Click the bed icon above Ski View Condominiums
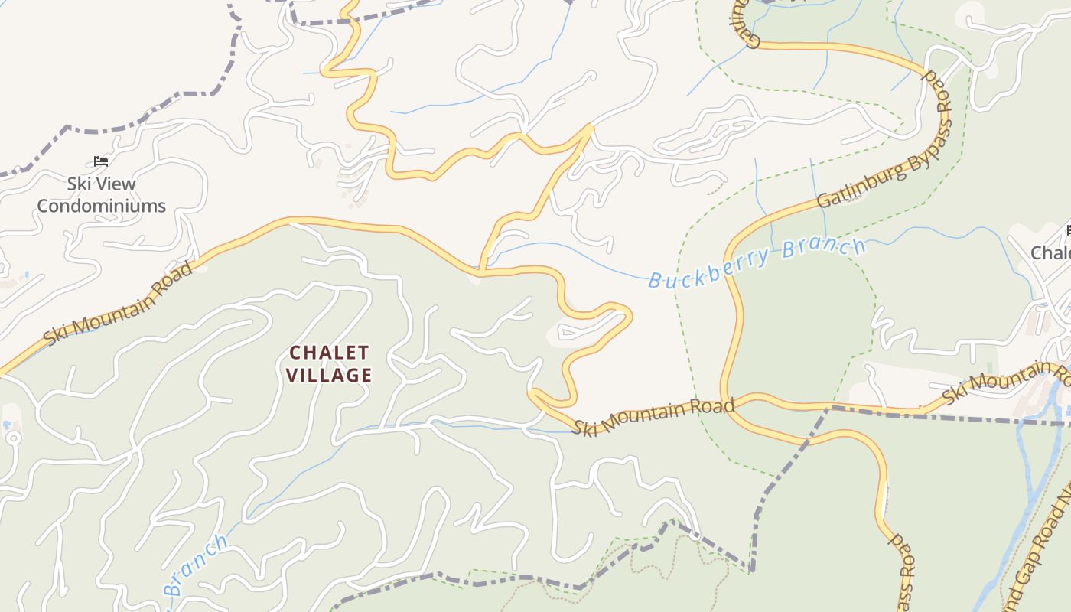click(x=101, y=161)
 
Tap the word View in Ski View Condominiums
click(x=116, y=184)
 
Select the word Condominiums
click(x=102, y=206)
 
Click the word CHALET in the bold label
click(x=329, y=353)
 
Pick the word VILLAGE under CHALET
click(x=330, y=376)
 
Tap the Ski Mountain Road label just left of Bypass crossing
click(x=653, y=415)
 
